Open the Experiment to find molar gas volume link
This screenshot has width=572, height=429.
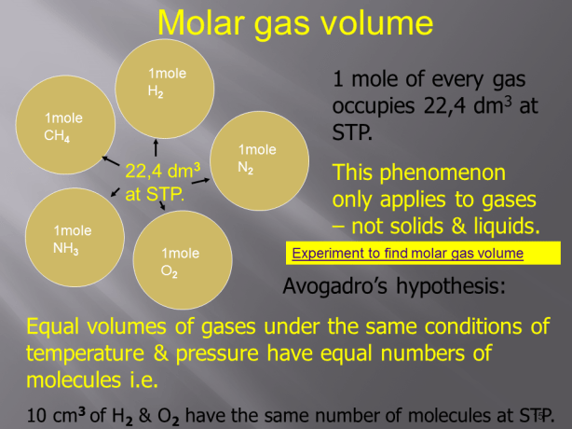click(407, 253)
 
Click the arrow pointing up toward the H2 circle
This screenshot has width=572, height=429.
click(155, 146)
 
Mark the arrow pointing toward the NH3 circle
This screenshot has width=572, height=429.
click(114, 193)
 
